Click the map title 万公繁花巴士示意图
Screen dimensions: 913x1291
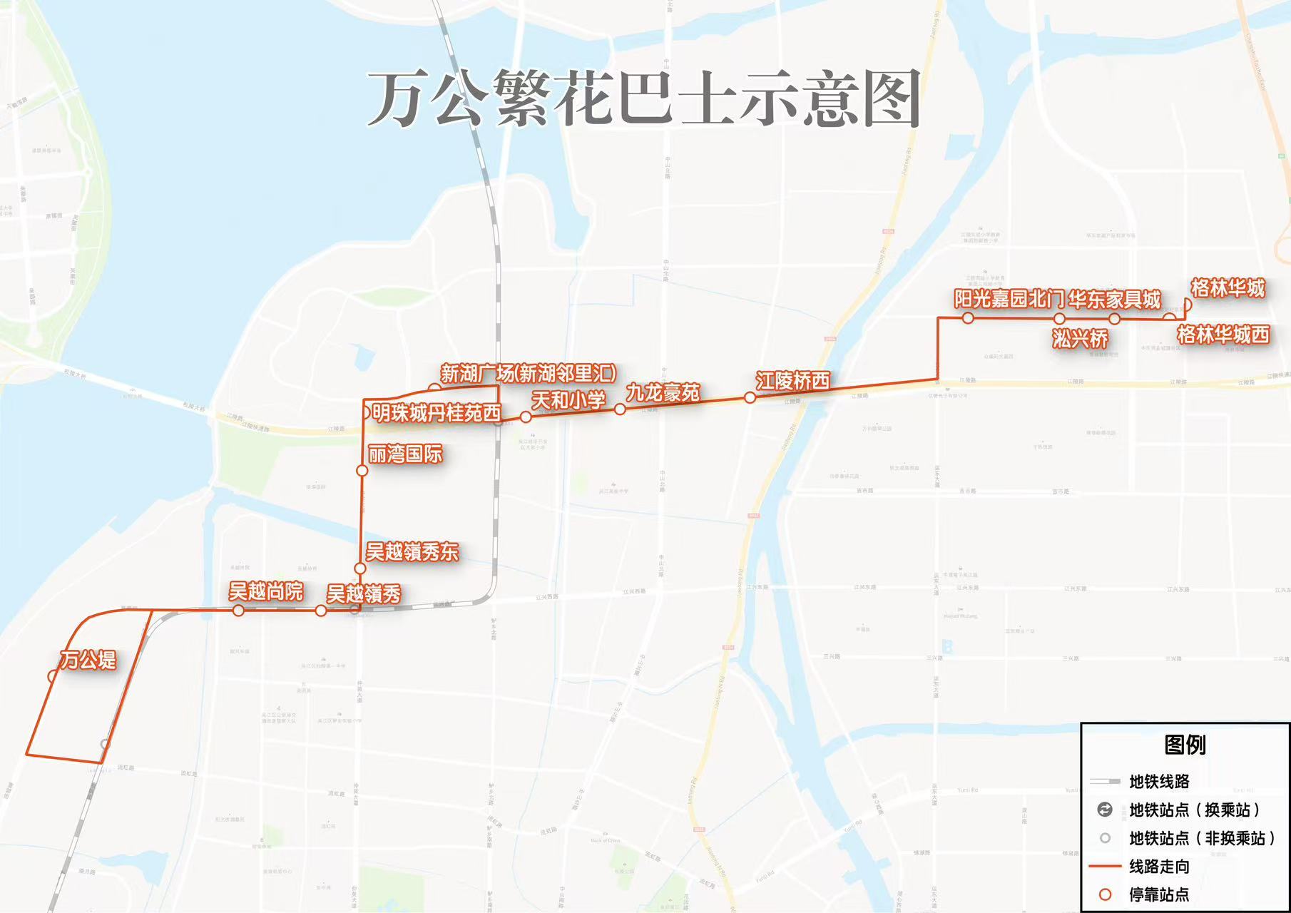pos(644,99)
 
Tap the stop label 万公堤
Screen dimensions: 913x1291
pos(88,659)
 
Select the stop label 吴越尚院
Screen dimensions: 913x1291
pos(265,591)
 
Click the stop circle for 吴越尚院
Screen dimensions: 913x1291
pos(238,611)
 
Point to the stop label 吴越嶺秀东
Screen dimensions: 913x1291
pos(412,551)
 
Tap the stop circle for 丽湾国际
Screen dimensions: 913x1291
pos(362,471)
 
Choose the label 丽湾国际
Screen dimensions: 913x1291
pos(405,454)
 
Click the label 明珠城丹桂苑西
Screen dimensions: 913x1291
pos(436,413)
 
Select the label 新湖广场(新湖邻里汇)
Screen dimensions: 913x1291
pos(528,373)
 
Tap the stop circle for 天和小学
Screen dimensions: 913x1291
pos(526,417)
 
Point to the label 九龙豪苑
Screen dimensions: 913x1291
pos(663,392)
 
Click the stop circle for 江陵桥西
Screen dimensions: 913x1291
pos(750,397)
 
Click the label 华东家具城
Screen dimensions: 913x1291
pos(1115,299)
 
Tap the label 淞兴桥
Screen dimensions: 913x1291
pos(1080,338)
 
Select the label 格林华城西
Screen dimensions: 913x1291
pos(1223,334)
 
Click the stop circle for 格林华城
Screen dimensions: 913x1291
pos(1186,305)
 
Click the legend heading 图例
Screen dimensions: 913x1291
pos(1185,745)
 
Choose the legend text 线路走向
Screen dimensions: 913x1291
pos(1159,867)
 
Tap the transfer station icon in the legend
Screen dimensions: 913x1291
pos(1105,810)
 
